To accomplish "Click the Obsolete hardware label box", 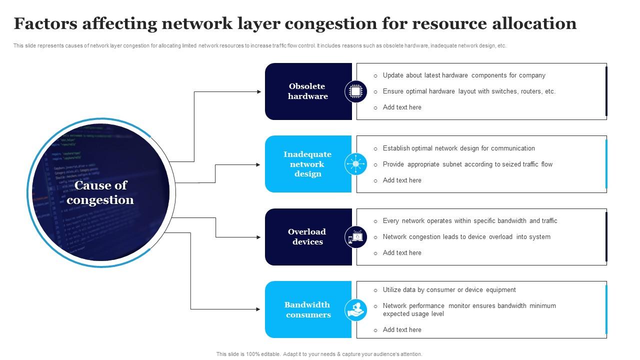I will (x=307, y=91).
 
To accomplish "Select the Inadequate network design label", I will (x=307, y=164).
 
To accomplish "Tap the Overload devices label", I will (x=307, y=236).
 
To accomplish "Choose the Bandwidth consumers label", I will (x=307, y=309).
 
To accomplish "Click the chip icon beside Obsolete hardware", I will (x=355, y=91).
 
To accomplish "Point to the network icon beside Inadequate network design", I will (x=355, y=164).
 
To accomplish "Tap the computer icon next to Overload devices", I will (x=355, y=237).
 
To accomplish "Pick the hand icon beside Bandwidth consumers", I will (x=355, y=309).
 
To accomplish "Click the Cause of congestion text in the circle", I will (x=100, y=192).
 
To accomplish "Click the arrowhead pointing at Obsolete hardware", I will (x=259, y=92).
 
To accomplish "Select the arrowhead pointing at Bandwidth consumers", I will (x=259, y=309).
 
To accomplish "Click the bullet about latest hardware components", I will (x=463, y=75).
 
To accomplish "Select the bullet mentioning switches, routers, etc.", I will (x=468, y=91).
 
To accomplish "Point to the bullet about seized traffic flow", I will (x=467, y=164).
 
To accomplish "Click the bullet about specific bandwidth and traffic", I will (x=469, y=220).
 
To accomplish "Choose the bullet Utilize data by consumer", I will (x=448, y=289).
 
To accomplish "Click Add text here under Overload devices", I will (x=401, y=252).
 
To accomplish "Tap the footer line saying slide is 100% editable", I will (x=319, y=354).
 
